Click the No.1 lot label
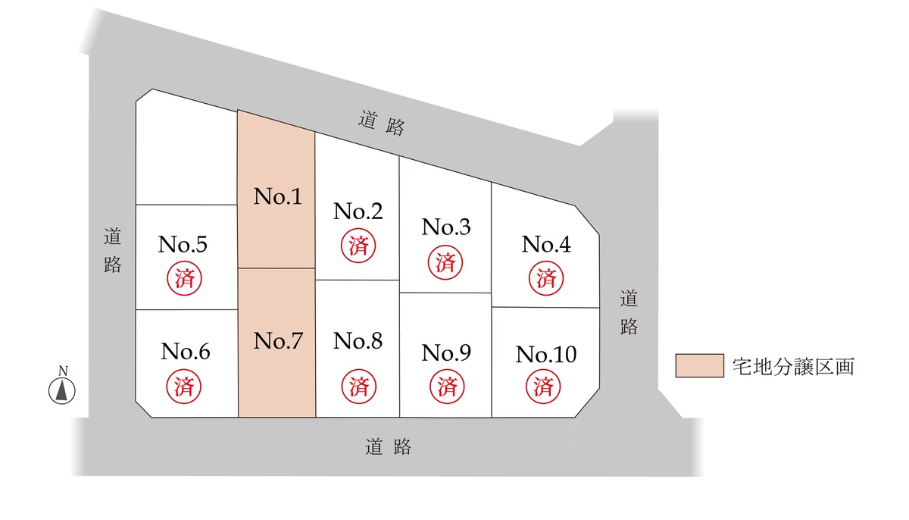click(277, 197)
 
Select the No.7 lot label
click(277, 341)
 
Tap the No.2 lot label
click(358, 211)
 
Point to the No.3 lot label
click(446, 227)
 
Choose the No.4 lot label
click(546, 244)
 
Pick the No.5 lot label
click(183, 244)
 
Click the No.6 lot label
click(185, 352)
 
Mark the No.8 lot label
click(358, 341)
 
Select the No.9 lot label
click(446, 352)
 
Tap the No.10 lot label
click(546, 354)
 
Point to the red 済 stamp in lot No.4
click(546, 277)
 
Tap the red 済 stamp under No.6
click(183, 386)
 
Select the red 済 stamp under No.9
click(446, 386)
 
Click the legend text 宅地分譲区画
click(795, 366)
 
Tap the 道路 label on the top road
click(381, 124)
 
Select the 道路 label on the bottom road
click(388, 446)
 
